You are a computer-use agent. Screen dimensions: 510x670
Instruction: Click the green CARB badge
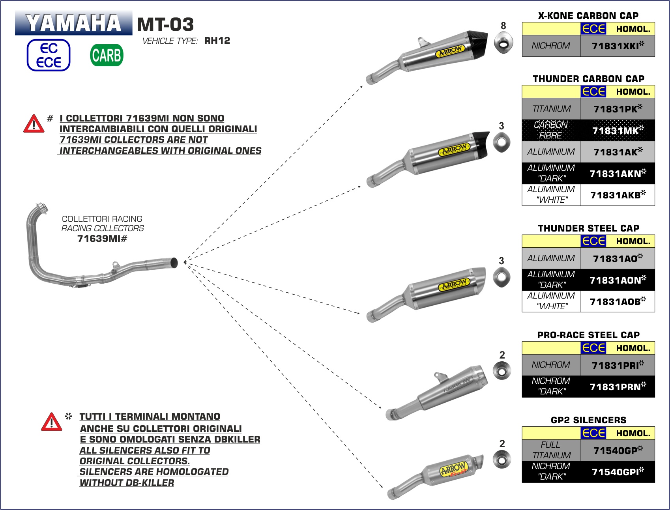[107, 55]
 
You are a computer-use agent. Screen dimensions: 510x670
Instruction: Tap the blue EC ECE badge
[49, 55]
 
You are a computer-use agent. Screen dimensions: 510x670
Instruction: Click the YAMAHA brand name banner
[73, 23]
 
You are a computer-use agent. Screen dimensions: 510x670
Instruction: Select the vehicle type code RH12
[217, 41]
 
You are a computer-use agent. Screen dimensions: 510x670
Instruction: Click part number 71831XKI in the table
[618, 46]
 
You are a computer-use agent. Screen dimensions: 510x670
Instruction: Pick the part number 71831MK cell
[618, 131]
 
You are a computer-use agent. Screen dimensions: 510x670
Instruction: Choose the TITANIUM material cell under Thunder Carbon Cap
[551, 109]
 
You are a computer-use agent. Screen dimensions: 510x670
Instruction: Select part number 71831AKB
[618, 195]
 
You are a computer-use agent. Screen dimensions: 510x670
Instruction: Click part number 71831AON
[618, 280]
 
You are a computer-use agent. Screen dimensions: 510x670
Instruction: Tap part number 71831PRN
[618, 387]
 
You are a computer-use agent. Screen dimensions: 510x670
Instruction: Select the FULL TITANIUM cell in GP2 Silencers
[551, 450]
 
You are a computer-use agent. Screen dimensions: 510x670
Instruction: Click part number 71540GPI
[618, 472]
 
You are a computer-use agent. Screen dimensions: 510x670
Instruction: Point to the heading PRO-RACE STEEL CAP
[588, 335]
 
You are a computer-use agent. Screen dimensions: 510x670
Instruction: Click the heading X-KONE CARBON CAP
[588, 16]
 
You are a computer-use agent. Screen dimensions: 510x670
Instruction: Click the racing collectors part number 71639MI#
[102, 239]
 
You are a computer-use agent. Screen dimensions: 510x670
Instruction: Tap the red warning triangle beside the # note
[34, 124]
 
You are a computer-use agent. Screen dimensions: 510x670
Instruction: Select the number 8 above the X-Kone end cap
[503, 26]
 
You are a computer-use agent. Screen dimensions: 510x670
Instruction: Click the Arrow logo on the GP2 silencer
[453, 469]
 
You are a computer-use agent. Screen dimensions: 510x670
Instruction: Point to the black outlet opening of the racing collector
[174, 263]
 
